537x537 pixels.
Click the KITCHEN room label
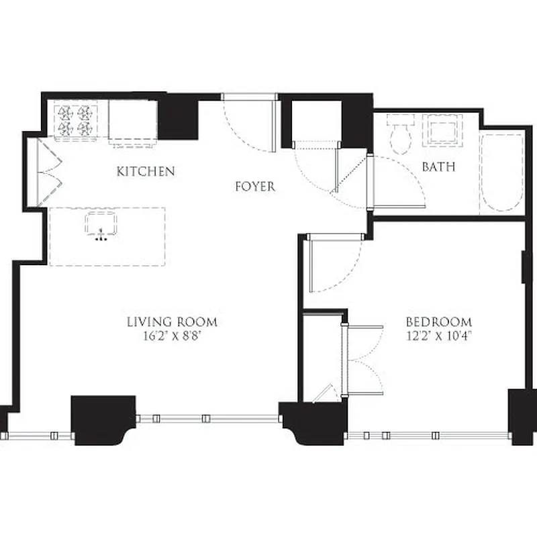point(146,171)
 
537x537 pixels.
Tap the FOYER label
point(255,186)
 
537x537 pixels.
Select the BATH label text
point(438,166)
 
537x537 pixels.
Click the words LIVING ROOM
point(172,322)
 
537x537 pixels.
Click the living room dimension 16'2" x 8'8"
point(172,337)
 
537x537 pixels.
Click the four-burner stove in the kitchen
point(75,120)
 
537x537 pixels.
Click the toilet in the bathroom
point(401,134)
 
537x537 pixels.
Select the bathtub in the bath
point(501,173)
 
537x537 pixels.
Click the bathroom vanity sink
point(441,130)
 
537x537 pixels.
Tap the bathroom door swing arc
point(398,181)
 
